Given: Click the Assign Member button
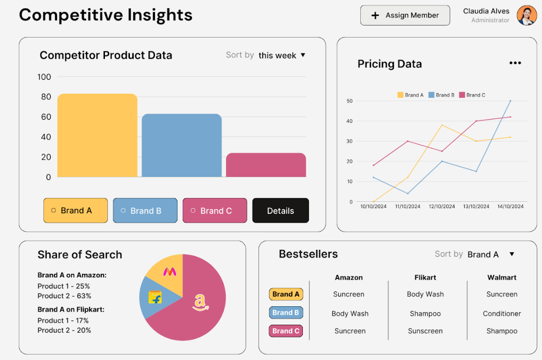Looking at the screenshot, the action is click(405, 15).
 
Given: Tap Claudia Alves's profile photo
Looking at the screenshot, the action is click(526, 15).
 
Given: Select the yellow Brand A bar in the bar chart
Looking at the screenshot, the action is click(97, 135).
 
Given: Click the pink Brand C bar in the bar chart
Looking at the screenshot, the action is click(266, 165).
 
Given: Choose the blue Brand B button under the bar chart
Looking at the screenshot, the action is click(145, 210).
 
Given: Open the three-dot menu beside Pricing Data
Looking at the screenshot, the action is click(515, 63).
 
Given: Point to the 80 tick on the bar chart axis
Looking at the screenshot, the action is click(46, 97).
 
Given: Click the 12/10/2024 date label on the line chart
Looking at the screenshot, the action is click(442, 206).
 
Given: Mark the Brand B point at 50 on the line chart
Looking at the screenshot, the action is click(510, 101).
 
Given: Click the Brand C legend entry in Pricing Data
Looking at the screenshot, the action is click(472, 95).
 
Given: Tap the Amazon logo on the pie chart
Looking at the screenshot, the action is click(200, 303).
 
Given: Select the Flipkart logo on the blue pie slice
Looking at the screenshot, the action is click(155, 297).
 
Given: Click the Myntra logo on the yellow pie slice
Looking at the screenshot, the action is click(170, 272).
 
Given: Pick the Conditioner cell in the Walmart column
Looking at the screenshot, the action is click(502, 313).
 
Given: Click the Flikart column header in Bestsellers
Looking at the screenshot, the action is click(425, 278).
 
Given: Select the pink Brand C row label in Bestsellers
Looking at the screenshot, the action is click(285, 331).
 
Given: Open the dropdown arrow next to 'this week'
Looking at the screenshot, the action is click(303, 55).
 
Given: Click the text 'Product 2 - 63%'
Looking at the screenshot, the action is click(65, 296).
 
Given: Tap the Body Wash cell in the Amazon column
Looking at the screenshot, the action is click(350, 313).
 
